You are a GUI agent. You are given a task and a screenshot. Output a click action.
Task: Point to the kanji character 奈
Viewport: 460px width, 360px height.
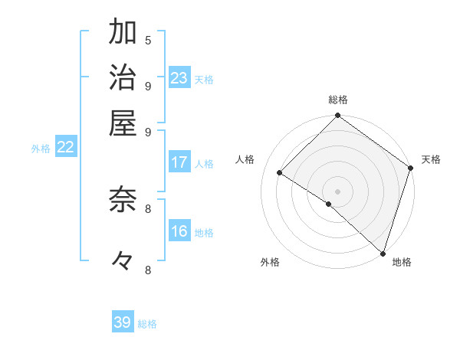click(122, 200)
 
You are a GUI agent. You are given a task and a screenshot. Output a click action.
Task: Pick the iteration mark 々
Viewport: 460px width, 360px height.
click(122, 261)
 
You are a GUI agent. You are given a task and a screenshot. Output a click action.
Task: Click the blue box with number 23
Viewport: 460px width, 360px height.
click(179, 78)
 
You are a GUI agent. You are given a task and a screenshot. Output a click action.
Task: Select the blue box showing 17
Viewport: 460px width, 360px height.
click(179, 162)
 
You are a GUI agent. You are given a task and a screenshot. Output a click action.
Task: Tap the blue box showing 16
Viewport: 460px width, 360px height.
click(179, 232)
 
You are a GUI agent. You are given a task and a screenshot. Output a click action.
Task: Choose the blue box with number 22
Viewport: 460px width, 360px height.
click(66, 148)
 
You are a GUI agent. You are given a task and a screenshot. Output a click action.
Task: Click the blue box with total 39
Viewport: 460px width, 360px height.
click(123, 322)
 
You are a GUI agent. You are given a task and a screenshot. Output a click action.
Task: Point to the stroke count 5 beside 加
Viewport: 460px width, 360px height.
click(148, 41)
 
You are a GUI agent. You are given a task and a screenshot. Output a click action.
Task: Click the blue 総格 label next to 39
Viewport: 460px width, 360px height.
click(147, 324)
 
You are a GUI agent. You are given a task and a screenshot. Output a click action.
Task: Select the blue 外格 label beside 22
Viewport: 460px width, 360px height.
click(41, 149)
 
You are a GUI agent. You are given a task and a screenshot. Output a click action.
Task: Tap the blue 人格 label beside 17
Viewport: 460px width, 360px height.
click(204, 163)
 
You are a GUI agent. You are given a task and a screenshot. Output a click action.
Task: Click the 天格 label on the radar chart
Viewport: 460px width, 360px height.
click(431, 159)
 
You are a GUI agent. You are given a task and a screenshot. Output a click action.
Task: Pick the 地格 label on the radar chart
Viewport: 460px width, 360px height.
click(402, 262)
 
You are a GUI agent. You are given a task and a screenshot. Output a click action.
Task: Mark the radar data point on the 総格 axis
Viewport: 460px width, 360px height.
click(337, 116)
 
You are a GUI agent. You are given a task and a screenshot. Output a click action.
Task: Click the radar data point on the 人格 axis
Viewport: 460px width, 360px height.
click(280, 173)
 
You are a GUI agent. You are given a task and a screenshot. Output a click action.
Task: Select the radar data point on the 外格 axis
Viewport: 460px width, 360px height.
click(329, 204)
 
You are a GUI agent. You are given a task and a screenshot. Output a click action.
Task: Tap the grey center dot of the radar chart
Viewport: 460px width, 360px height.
click(337, 191)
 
